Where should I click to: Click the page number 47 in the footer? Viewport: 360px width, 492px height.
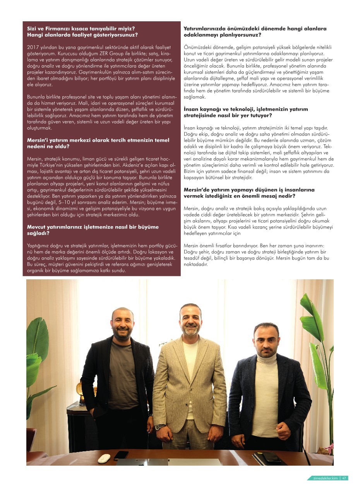(345, 478)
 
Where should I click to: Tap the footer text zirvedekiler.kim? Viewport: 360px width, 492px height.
(326, 478)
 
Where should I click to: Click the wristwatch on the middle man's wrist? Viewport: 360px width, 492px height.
(158, 427)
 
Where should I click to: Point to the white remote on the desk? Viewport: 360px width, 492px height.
(104, 458)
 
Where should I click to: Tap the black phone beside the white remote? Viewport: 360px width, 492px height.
(121, 454)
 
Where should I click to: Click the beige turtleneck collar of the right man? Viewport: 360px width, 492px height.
(267, 357)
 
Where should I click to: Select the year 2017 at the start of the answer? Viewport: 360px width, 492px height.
(33, 47)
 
